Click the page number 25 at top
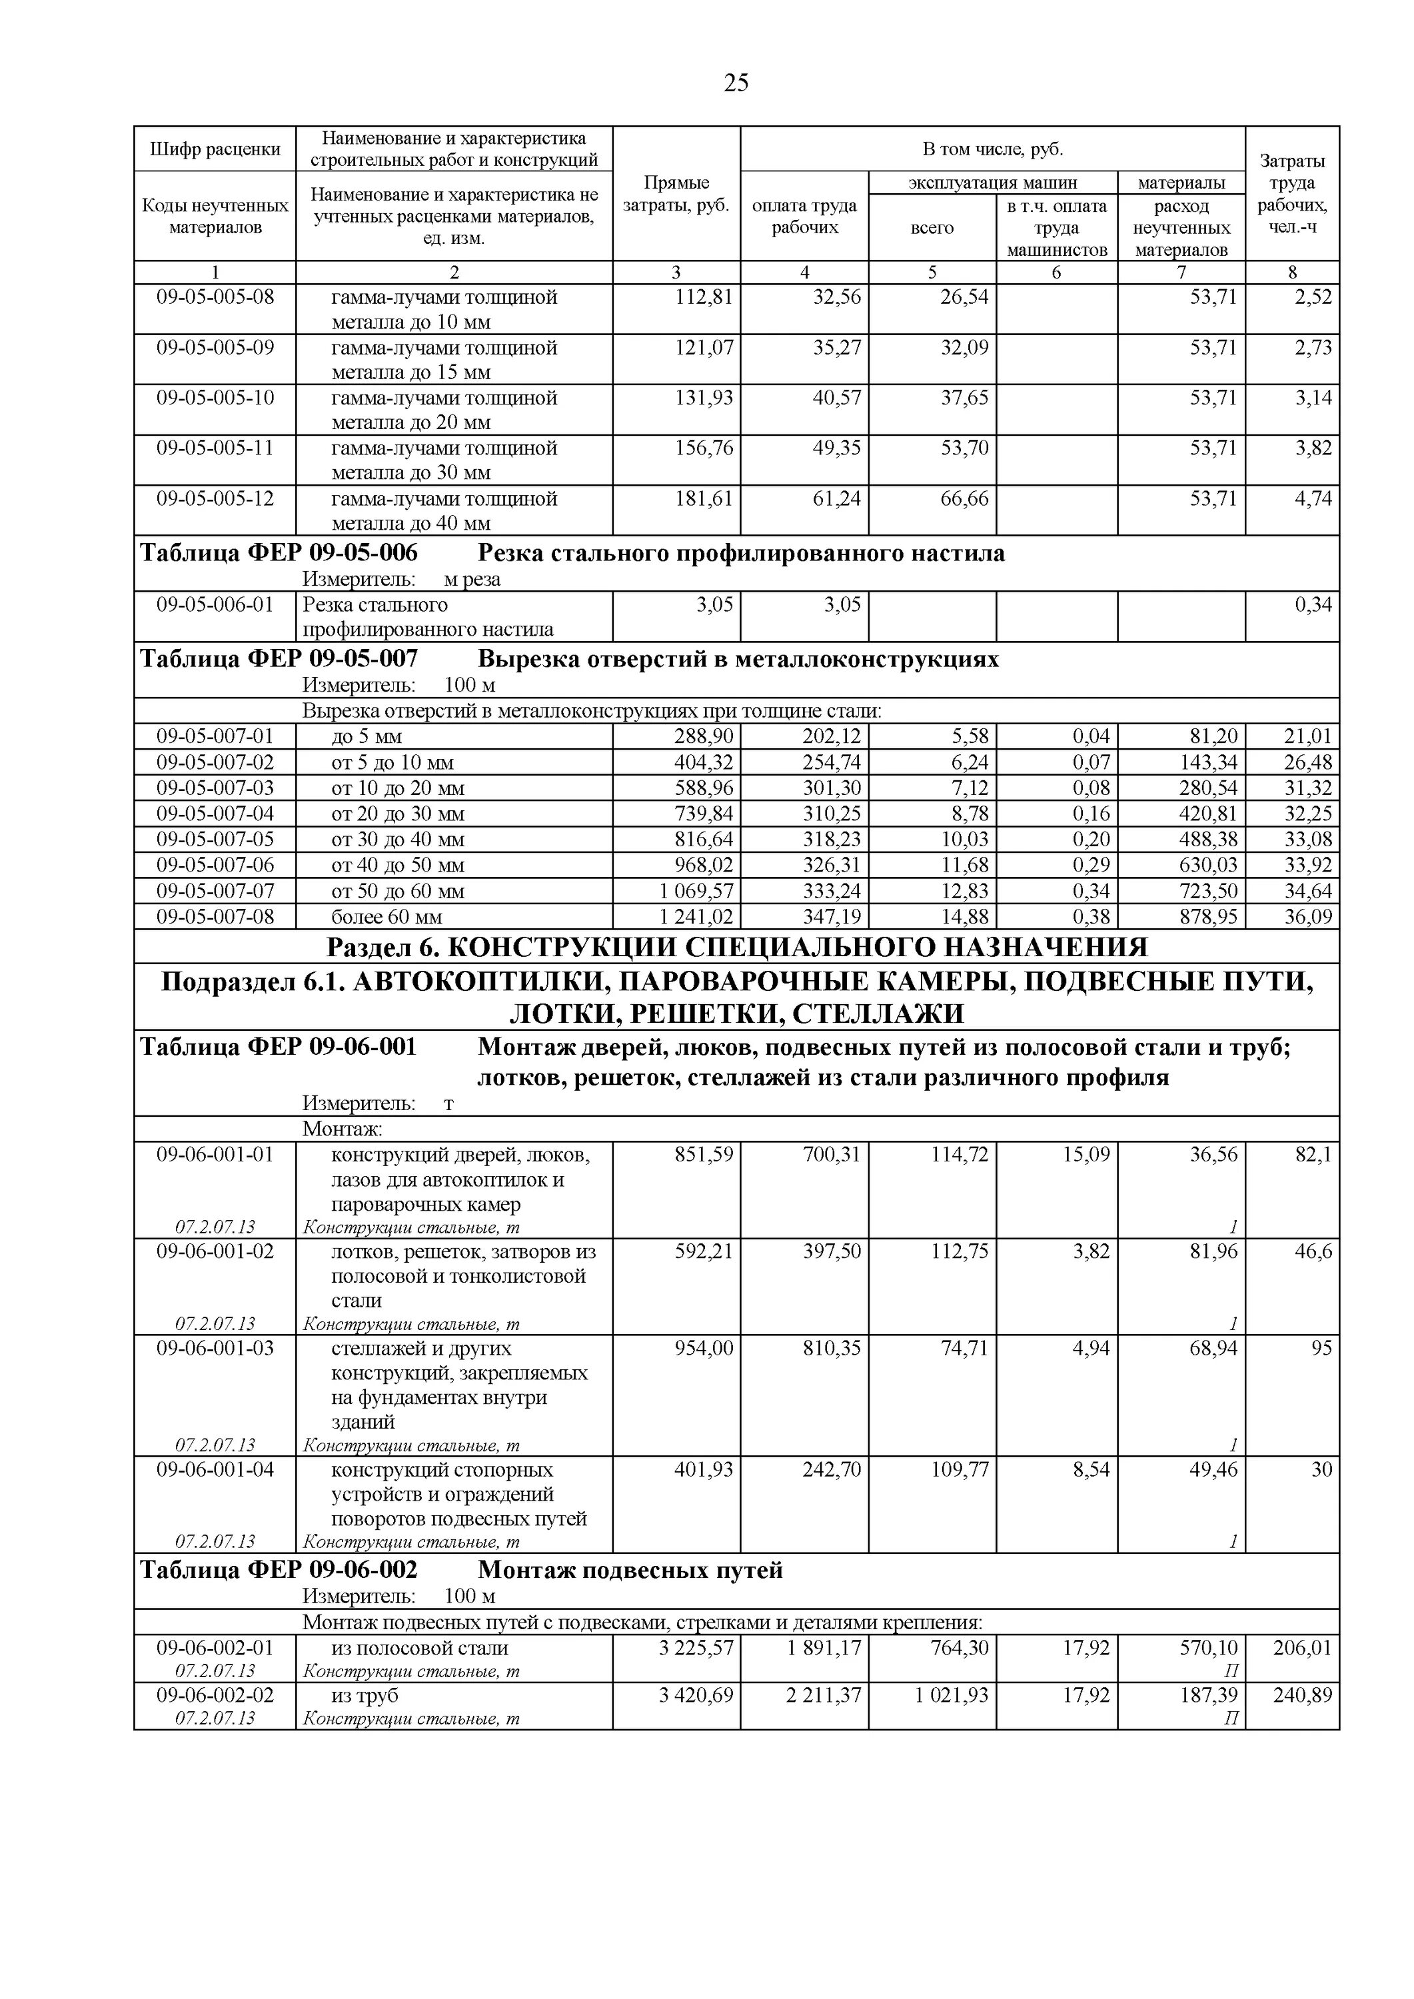(x=736, y=83)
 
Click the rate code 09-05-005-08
(x=215, y=298)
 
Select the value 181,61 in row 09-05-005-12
(x=704, y=499)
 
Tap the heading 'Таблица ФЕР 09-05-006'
(x=279, y=554)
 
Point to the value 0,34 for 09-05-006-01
(x=1313, y=604)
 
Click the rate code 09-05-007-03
(x=215, y=788)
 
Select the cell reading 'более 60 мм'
(x=386, y=917)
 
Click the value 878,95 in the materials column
(x=1207, y=917)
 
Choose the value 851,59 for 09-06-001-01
(x=704, y=1155)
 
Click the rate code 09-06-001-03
(x=215, y=1348)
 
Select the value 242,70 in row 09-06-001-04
(x=832, y=1470)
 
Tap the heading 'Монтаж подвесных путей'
(x=630, y=1570)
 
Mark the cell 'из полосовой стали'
(x=420, y=1647)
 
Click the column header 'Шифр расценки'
(x=215, y=149)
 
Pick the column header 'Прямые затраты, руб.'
(x=676, y=194)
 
